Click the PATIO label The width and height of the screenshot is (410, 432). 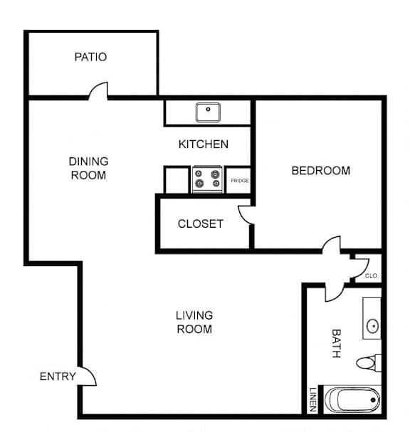[x=90, y=57]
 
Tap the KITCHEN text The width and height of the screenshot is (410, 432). [x=204, y=144]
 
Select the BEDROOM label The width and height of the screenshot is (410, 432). [x=321, y=171]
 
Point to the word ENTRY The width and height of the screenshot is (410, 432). [x=58, y=376]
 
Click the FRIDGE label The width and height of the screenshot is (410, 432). [x=240, y=181]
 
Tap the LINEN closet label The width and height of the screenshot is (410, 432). [x=312, y=399]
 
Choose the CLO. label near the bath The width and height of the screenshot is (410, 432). [x=372, y=275]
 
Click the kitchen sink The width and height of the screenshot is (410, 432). [x=208, y=112]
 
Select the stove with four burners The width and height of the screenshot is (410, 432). [x=207, y=179]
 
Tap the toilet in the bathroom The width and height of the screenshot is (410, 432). [x=369, y=363]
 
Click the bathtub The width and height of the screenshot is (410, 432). [x=352, y=400]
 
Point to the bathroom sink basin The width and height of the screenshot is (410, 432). [x=373, y=326]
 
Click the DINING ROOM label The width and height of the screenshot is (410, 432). [x=88, y=168]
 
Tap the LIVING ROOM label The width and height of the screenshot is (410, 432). [x=194, y=322]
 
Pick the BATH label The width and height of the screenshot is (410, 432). [x=337, y=343]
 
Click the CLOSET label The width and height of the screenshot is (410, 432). [x=201, y=223]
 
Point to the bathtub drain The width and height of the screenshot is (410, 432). [x=373, y=400]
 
